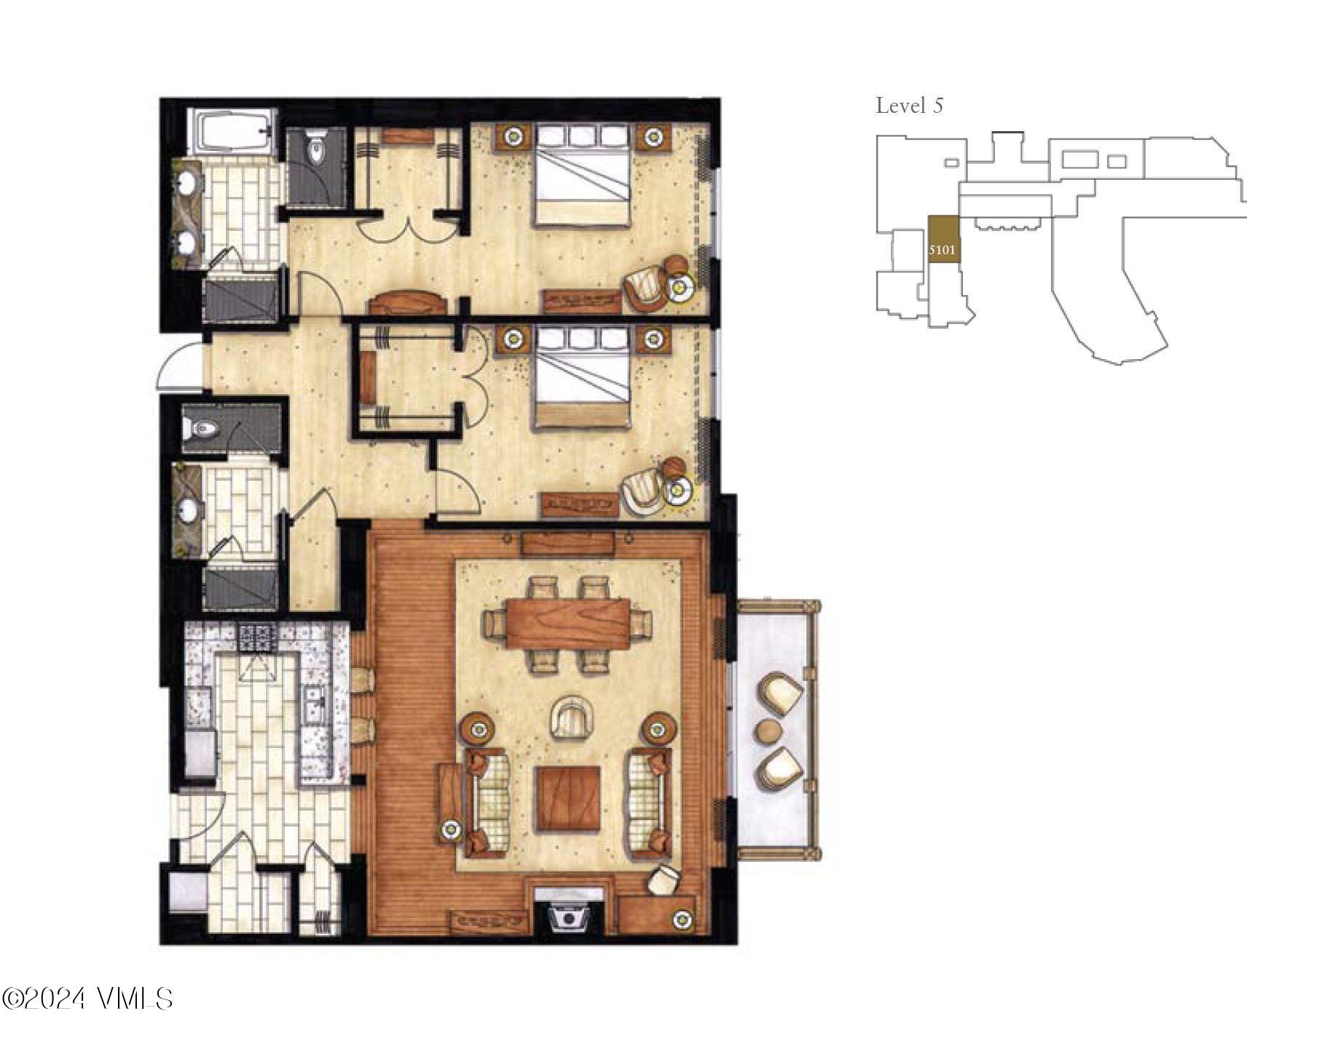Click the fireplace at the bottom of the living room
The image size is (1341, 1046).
pyautogui.click(x=569, y=916)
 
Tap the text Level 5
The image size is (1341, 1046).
pyautogui.click(x=909, y=106)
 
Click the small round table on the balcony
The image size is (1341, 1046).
pyautogui.click(x=769, y=731)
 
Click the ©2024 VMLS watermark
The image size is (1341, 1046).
pyautogui.click(x=87, y=997)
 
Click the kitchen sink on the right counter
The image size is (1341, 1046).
pyautogui.click(x=315, y=701)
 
